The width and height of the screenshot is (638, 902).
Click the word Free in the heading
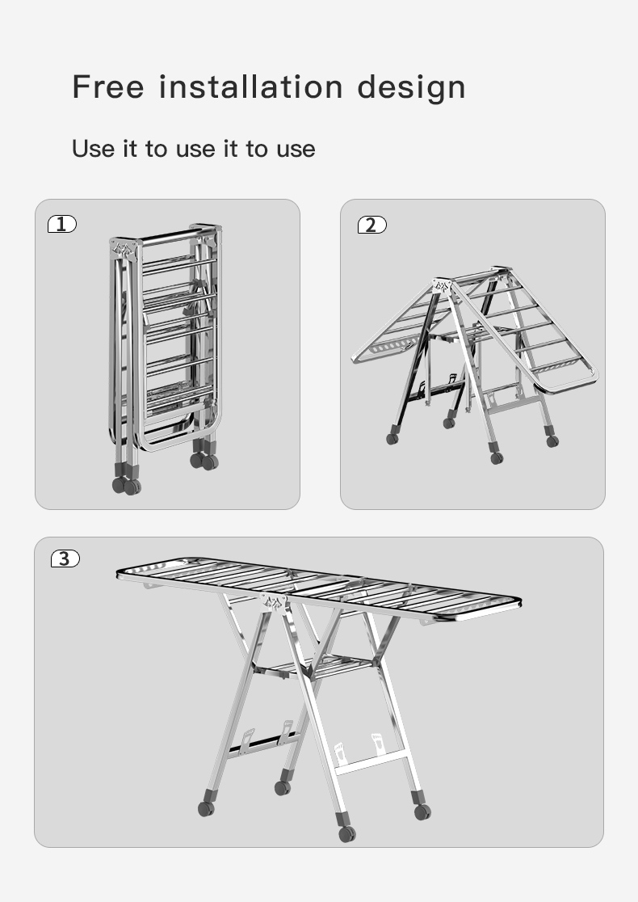[108, 86]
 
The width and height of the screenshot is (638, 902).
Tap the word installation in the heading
[251, 86]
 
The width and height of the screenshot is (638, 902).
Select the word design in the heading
[412, 88]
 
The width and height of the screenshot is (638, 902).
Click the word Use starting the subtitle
[93, 149]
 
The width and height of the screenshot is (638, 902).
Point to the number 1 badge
[62, 224]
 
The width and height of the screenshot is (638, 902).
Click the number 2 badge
[371, 225]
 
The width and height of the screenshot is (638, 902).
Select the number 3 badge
[65, 558]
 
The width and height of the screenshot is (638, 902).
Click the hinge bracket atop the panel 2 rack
[442, 286]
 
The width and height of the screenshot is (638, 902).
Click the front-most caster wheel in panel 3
[346, 833]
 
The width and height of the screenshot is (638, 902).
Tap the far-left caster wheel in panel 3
[206, 808]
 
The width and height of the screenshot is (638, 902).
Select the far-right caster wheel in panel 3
[422, 811]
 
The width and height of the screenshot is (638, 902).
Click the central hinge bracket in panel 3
[274, 602]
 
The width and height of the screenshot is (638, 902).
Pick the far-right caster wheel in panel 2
[552, 441]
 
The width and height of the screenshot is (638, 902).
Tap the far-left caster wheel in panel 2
[392, 439]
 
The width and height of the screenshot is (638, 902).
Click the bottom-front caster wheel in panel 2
[497, 458]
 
